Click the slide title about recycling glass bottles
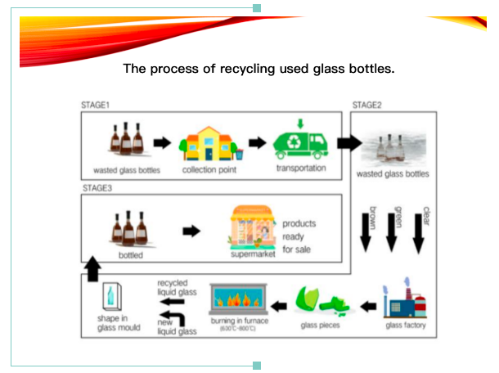coord(258,69)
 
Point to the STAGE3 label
coord(98,188)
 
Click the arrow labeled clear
coord(420,229)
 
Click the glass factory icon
coord(406,302)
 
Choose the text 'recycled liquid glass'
coord(177,287)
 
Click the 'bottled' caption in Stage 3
coord(129,255)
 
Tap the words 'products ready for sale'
coord(299,236)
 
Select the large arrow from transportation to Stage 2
coord(348,143)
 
